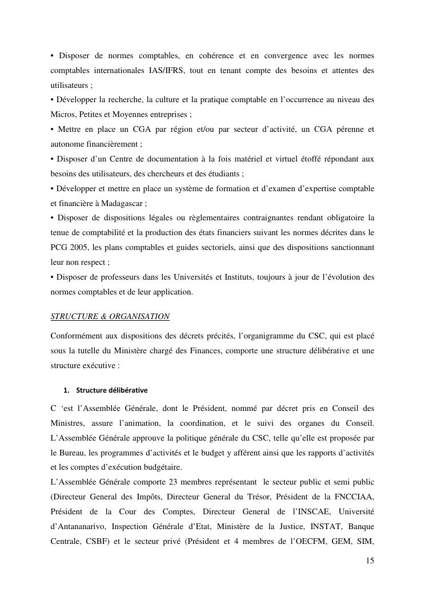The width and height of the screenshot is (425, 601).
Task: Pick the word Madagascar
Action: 122,203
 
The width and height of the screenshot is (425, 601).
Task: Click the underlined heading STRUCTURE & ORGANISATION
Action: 110,316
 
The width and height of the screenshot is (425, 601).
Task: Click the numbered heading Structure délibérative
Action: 111,390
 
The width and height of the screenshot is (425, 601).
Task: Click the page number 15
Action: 370,561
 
